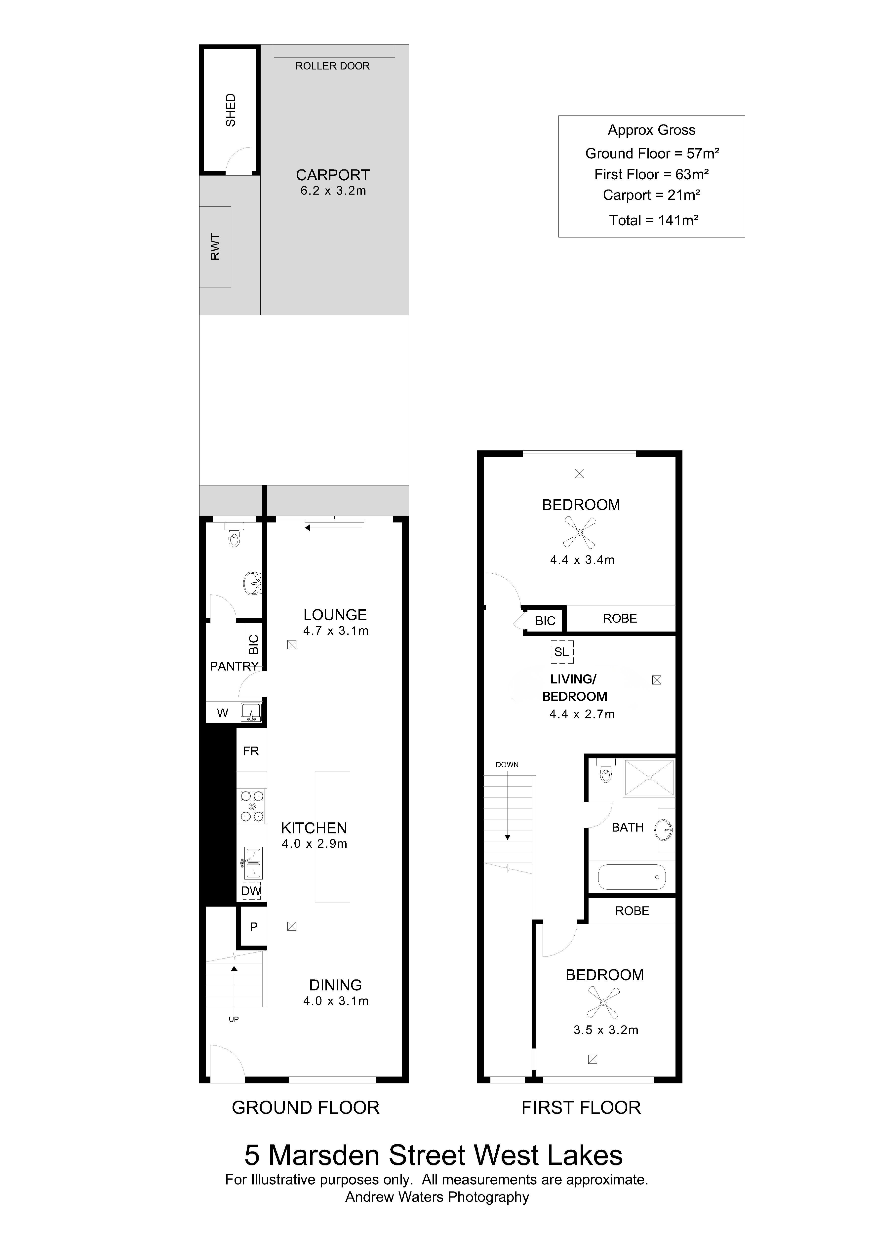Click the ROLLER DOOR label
tap(332, 66)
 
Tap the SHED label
tap(230, 110)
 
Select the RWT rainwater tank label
tap(215, 247)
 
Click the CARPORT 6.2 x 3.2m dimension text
tap(333, 191)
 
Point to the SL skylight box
tap(562, 652)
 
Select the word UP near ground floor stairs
tap(234, 1019)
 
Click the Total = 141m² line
tap(653, 220)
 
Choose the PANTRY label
tap(234, 667)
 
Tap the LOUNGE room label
tap(335, 615)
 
